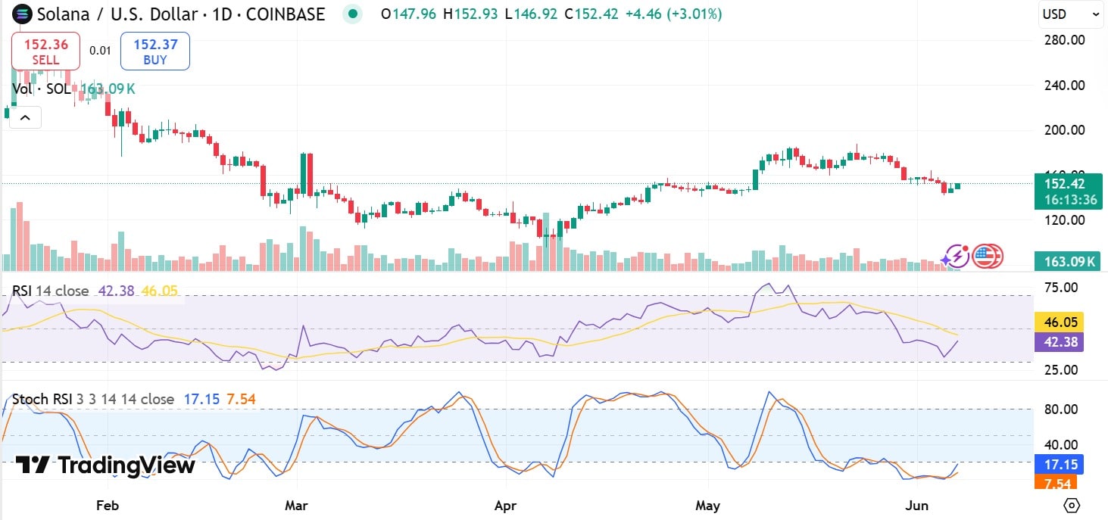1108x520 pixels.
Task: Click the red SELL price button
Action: coord(45,51)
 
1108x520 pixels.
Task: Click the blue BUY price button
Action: coord(154,51)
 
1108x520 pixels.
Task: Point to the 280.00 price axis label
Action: coord(1065,39)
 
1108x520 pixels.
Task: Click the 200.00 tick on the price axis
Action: coord(1065,130)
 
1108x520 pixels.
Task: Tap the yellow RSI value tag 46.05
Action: coord(1059,322)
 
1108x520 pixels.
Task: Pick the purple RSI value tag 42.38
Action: coord(1059,341)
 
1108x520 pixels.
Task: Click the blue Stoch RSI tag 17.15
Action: coord(1059,463)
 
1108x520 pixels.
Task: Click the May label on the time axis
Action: coord(707,505)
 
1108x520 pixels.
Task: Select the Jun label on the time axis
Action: coord(912,505)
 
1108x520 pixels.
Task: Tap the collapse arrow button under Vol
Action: coord(25,117)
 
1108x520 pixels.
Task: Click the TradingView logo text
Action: coord(106,465)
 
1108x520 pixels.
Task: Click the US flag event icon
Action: coord(987,257)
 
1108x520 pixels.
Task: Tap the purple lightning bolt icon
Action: coord(957,257)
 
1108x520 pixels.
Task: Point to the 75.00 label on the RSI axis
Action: coord(1060,288)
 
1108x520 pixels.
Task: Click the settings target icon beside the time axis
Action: coord(1072,505)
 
